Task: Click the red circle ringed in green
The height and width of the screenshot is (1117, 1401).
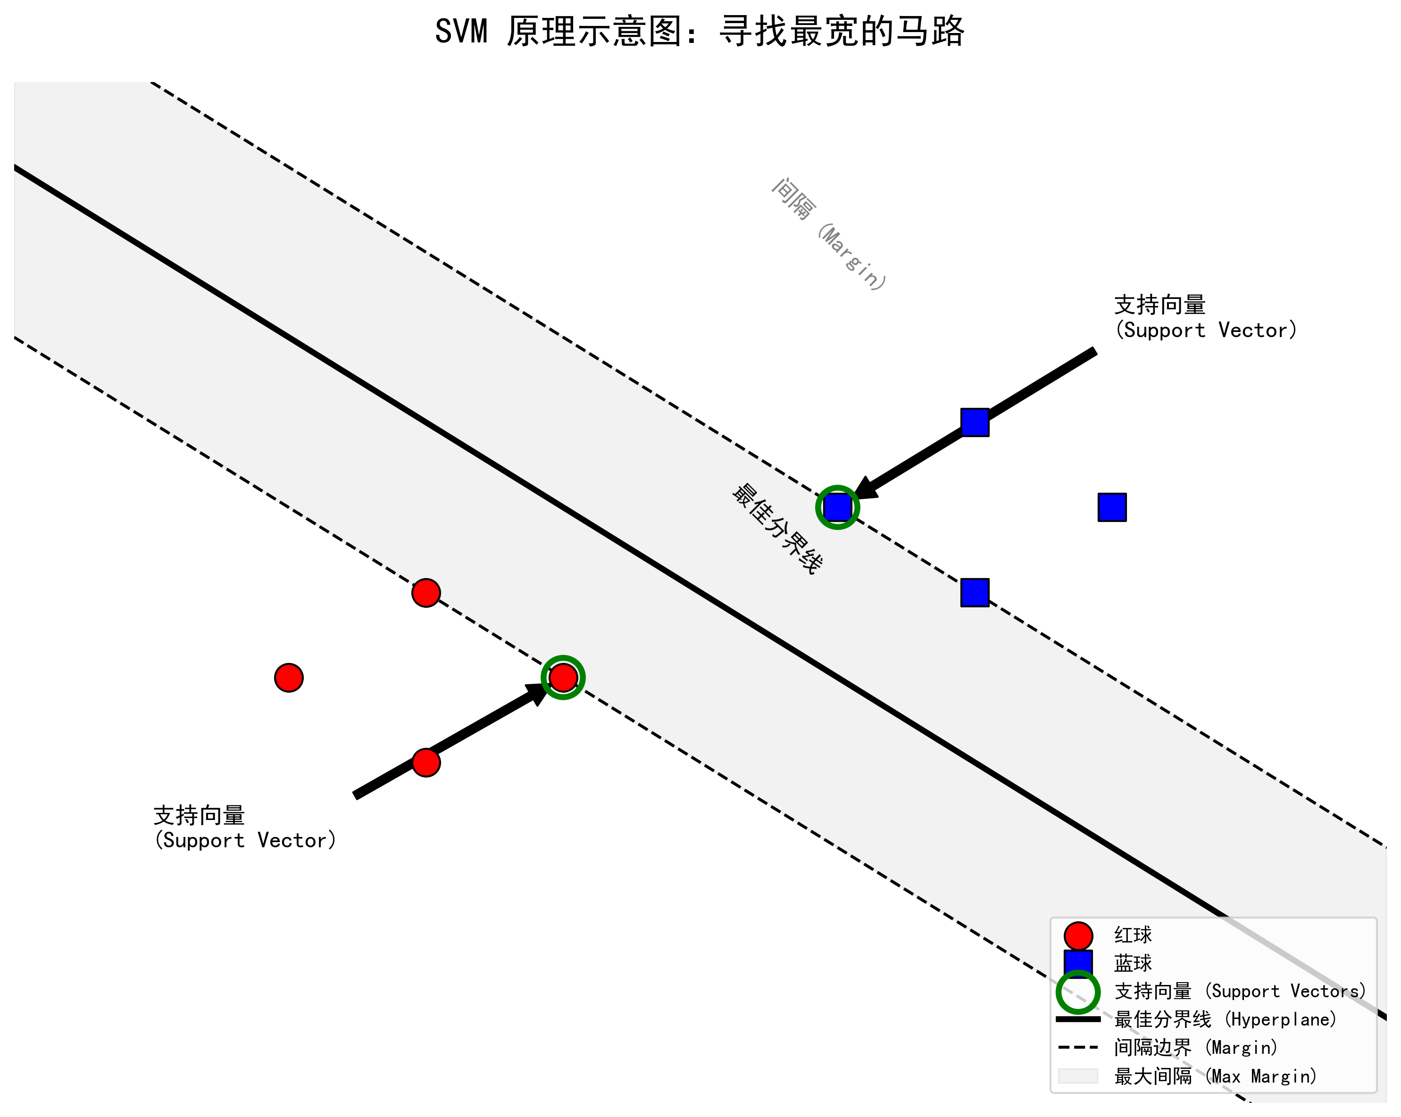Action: coord(563,678)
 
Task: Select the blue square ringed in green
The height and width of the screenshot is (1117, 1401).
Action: coord(838,507)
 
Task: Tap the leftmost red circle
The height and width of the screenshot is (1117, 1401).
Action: coord(289,678)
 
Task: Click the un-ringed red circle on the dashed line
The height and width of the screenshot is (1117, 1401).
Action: coord(425,592)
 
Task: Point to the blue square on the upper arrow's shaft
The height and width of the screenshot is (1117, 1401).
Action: coord(975,422)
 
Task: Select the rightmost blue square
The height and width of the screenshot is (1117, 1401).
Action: coord(1112,507)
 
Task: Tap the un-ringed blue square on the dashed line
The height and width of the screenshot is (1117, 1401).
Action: coord(975,592)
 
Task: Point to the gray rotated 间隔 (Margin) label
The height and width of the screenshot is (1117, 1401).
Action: coord(828,234)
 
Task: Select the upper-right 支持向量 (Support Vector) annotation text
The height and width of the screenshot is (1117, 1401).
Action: coord(1205,317)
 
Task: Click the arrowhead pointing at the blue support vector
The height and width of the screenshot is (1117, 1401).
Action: coord(866,488)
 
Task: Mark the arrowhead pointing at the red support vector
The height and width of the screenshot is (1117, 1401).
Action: coord(538,694)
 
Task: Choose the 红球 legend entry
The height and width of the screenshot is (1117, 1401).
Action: coord(1133,935)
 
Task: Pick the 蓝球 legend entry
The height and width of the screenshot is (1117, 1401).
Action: coord(1133,963)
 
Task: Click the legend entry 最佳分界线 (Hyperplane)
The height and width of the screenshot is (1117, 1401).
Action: coord(1225,1019)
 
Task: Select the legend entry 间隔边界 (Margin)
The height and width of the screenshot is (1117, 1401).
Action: coord(1196,1048)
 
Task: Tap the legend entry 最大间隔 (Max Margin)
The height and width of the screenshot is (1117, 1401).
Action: coord(1215,1076)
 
